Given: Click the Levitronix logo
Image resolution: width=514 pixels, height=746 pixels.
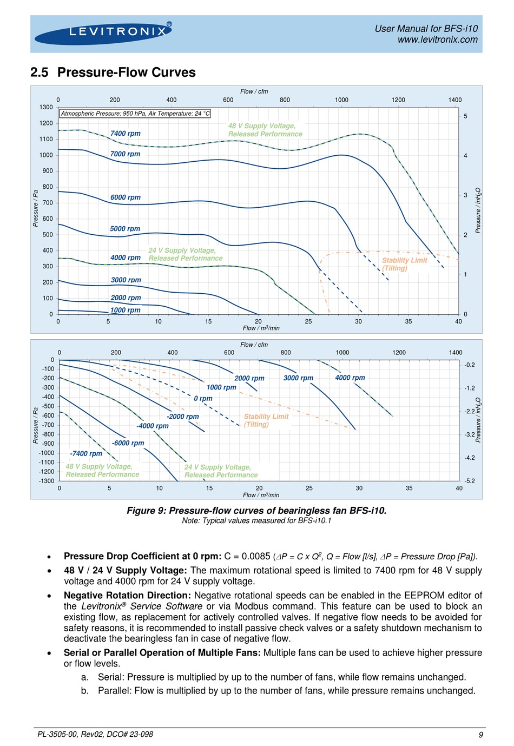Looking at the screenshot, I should pyautogui.click(x=103, y=33).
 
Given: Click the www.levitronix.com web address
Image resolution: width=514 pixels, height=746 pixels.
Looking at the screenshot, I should pyautogui.click(x=437, y=39).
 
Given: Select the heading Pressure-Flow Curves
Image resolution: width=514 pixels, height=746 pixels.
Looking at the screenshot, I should pyautogui.click(x=126, y=72).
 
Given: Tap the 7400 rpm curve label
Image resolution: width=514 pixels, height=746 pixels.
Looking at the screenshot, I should pyautogui.click(x=125, y=134).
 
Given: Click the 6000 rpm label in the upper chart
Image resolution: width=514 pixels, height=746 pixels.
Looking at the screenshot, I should pyautogui.click(x=125, y=197).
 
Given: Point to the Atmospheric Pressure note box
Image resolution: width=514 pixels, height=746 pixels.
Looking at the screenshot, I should pyautogui.click(x=135, y=114).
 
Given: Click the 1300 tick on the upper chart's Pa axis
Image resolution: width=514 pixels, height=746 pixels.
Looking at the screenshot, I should pyautogui.click(x=46, y=107).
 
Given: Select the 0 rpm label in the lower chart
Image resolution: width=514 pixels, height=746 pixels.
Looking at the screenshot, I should pyautogui.click(x=203, y=399).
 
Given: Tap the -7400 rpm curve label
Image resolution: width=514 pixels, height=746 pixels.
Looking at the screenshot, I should pyautogui.click(x=86, y=454).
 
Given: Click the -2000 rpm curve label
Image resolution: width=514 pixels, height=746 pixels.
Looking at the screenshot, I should pyautogui.click(x=183, y=417).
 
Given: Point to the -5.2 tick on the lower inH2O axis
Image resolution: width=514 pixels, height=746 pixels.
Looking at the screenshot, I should pyautogui.click(x=469, y=481).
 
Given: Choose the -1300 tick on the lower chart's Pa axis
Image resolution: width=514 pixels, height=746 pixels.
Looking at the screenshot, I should pyautogui.click(x=47, y=481).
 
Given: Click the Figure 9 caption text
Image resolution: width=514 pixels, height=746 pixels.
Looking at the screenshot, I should pyautogui.click(x=256, y=511).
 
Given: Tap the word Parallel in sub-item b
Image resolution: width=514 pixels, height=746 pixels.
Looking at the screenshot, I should pyautogui.click(x=114, y=691).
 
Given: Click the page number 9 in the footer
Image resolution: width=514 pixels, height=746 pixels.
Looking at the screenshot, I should pyautogui.click(x=480, y=735).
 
